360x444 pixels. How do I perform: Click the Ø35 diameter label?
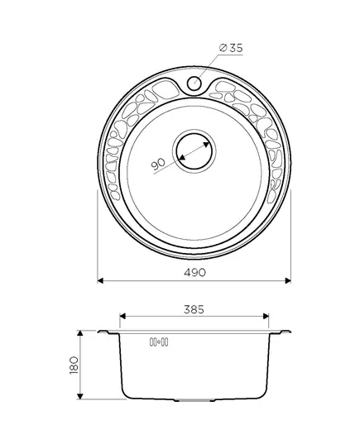tap(231, 48)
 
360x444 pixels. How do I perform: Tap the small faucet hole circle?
tap(194, 83)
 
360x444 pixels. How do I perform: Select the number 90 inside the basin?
tap(158, 165)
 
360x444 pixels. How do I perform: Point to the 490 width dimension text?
tap(195, 272)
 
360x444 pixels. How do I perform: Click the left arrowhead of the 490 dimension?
tap(100, 280)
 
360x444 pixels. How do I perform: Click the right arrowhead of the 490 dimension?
tap(288, 280)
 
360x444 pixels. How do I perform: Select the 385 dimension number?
tap(194, 309)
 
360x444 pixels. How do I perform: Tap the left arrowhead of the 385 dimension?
tap(122, 316)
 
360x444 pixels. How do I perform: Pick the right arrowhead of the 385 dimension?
tap(266, 316)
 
